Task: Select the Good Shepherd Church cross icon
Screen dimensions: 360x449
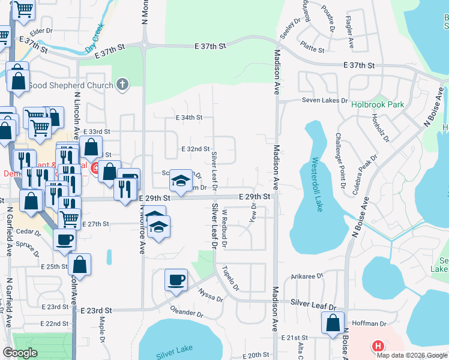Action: coord(122,85)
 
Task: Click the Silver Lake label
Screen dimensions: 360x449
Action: coord(174,352)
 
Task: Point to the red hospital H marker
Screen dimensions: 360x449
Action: coord(378,346)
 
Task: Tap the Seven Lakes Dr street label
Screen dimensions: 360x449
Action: coord(325,100)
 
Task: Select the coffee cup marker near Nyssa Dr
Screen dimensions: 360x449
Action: coord(176,280)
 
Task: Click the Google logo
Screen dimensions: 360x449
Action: coord(20,353)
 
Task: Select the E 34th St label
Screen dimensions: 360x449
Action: coord(188,118)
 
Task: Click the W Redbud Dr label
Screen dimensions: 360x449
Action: coord(224,228)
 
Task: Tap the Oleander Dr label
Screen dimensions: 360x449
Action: coord(187,313)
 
